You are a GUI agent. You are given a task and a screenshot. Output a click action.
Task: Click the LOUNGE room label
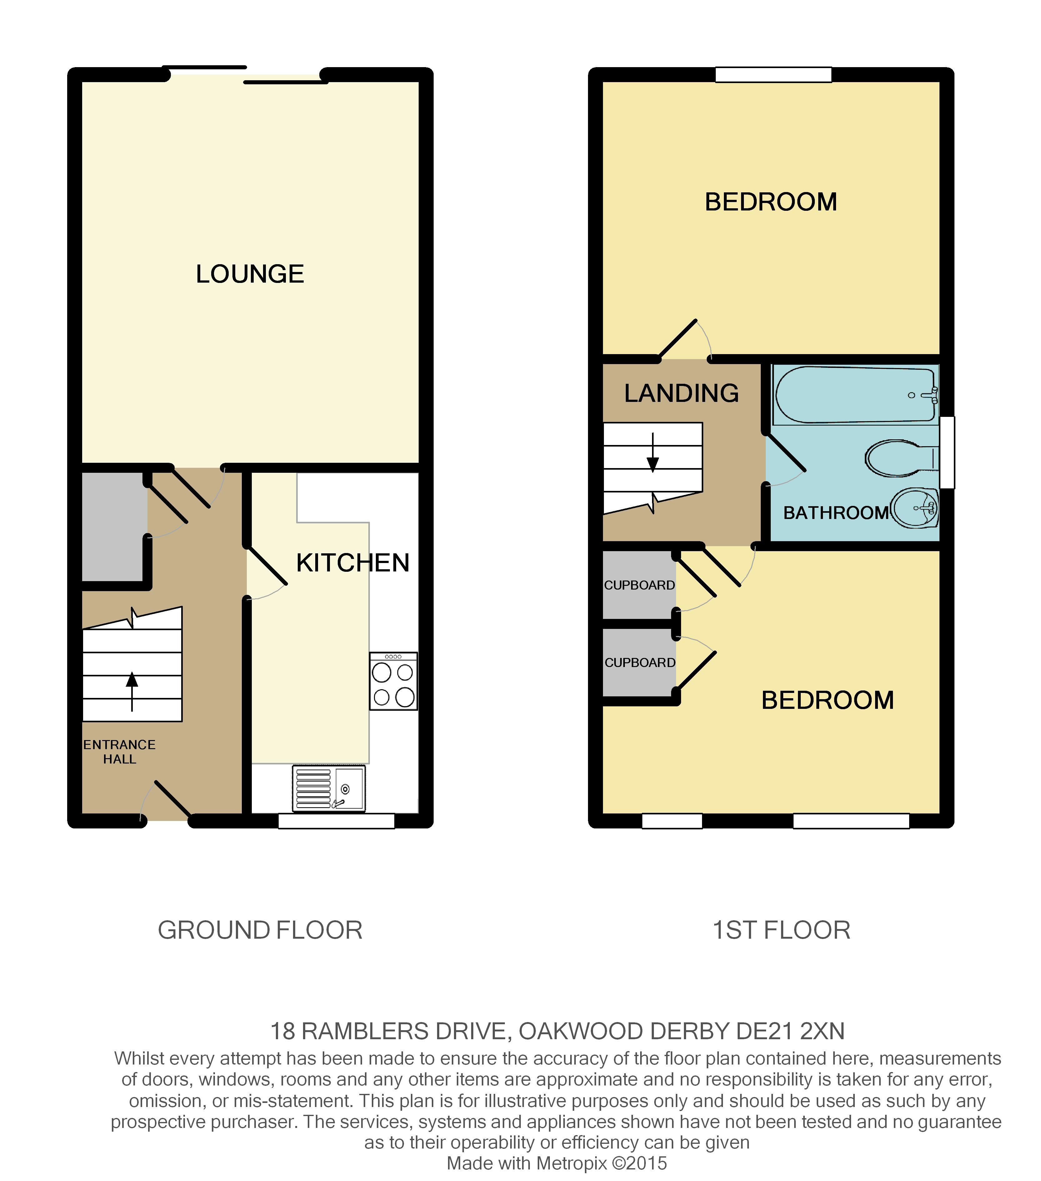250,274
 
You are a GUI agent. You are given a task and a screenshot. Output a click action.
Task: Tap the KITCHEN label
353,563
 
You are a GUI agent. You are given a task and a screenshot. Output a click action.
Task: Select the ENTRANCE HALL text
120,752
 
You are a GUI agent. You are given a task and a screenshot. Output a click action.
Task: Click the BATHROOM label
836,512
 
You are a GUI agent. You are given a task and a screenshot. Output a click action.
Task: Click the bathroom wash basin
915,508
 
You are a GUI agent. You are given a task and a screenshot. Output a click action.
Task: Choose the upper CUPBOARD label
639,585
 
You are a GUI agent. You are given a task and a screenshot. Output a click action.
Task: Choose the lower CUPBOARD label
640,663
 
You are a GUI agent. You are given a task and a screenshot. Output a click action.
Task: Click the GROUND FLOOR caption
260,930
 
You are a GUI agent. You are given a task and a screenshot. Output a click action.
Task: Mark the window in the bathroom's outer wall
947,452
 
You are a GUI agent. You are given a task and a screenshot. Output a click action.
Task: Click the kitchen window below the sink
336,821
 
